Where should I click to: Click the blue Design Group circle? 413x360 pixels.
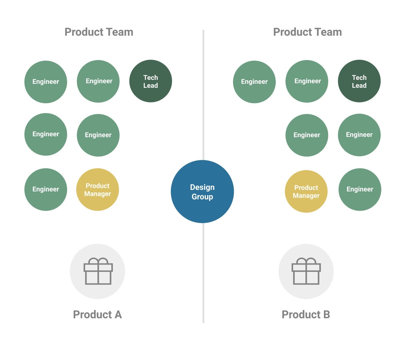click(202, 191)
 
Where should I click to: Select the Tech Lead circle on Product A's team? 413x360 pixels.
click(151, 81)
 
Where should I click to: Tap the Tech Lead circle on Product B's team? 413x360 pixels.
click(359, 81)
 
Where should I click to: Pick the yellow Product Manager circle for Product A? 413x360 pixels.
click(98, 190)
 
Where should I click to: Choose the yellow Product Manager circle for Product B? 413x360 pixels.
click(306, 191)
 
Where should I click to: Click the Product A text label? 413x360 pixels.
click(97, 315)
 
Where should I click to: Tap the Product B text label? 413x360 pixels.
click(306, 315)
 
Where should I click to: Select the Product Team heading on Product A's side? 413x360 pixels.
click(99, 32)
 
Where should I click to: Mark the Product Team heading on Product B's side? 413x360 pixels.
click(307, 32)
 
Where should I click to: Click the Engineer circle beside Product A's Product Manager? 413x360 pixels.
click(46, 189)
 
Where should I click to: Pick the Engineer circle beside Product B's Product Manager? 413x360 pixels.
click(360, 189)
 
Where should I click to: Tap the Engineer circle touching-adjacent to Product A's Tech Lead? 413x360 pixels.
click(98, 81)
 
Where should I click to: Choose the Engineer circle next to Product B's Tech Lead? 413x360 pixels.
click(307, 81)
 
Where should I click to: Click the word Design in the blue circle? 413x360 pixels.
click(202, 187)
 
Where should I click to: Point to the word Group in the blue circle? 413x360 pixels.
click(202, 197)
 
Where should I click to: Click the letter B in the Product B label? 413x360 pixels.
click(326, 315)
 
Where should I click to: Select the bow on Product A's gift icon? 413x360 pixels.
click(98, 261)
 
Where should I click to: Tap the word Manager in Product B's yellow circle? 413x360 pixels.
click(306, 196)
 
